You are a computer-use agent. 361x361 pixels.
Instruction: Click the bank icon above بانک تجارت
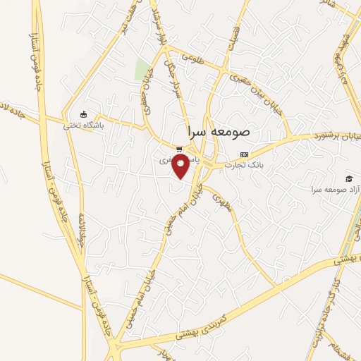(245, 154)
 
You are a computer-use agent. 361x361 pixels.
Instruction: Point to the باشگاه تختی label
(84, 126)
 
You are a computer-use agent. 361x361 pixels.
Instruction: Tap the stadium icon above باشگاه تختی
(84, 115)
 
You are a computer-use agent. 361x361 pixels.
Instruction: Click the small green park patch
(142, 69)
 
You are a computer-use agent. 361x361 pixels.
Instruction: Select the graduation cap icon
(348, 179)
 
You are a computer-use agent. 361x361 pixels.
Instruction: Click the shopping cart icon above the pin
(180, 149)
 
